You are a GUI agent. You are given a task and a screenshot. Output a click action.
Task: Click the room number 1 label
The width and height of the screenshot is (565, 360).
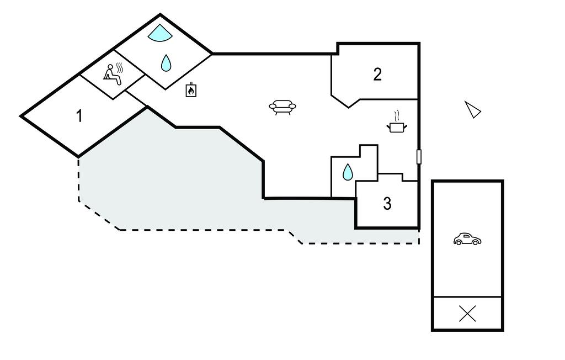click(x=79, y=116)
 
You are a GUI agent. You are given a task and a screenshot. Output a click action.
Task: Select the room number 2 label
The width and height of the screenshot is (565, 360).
click(x=377, y=74)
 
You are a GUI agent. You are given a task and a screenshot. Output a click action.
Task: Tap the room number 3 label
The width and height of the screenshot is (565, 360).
click(x=387, y=204)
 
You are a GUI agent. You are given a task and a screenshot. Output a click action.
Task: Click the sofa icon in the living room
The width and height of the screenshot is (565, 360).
click(x=282, y=107)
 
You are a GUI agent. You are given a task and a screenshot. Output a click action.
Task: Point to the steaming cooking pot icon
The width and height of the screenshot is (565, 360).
click(x=397, y=127)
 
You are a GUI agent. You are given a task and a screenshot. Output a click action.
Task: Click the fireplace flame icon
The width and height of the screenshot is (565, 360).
click(x=191, y=89)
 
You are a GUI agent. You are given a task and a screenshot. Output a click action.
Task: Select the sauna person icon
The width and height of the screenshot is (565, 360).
click(x=112, y=75)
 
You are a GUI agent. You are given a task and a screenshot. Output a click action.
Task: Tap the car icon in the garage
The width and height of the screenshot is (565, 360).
click(x=467, y=239)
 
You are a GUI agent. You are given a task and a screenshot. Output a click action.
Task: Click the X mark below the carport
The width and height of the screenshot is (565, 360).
click(x=467, y=314)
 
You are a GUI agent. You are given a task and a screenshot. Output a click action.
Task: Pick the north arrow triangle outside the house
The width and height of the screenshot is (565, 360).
click(x=472, y=109)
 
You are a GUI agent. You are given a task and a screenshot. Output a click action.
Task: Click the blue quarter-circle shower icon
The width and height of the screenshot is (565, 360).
click(x=159, y=33)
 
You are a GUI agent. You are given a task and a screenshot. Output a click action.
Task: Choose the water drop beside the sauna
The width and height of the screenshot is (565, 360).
click(x=166, y=63)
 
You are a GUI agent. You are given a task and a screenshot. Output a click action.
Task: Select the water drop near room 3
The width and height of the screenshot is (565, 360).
click(x=348, y=173)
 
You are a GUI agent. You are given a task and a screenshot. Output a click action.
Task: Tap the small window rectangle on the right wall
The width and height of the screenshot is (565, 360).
click(x=419, y=157)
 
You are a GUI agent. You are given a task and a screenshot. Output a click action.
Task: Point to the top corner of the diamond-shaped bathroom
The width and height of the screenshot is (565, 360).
click(x=160, y=15)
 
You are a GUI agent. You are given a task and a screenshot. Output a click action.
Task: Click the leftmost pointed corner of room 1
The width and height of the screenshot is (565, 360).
click(x=22, y=117)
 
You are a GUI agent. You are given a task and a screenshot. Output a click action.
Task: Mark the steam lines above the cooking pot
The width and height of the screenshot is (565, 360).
click(x=397, y=116)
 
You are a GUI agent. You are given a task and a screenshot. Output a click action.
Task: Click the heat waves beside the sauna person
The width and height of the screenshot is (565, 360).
click(x=119, y=68)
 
